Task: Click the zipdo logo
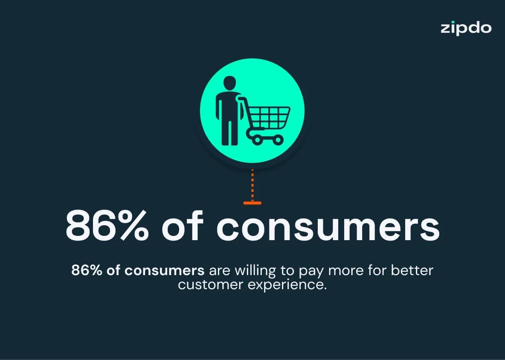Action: pos(466,28)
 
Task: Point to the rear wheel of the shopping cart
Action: pos(257,140)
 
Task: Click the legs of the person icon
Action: pos(229,133)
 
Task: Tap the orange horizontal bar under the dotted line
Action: pos(252,203)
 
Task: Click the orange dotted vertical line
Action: pos(252,185)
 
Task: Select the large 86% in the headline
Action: pos(107,225)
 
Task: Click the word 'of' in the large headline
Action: pos(183,225)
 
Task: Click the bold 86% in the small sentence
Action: pos(87,270)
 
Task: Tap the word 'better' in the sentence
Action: pos(412,270)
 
